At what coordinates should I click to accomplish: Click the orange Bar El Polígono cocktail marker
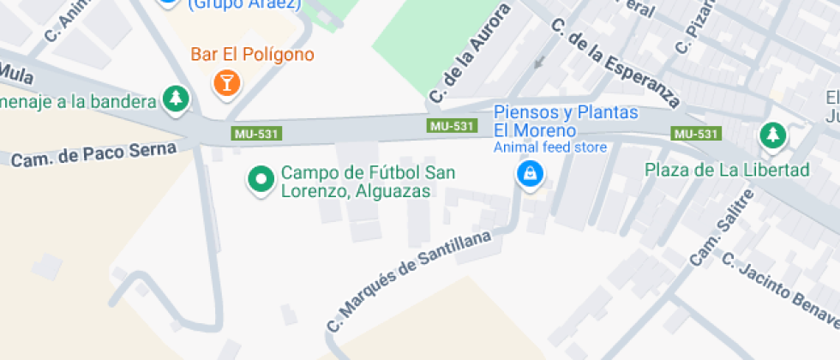pyautogui.click(x=227, y=83)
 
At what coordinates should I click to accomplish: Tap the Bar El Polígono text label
pyautogui.click(x=252, y=55)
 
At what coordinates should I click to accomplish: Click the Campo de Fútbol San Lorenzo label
pyautogui.click(x=368, y=182)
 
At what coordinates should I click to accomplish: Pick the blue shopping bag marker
pyautogui.click(x=530, y=175)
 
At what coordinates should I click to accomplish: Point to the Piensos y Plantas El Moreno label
pyautogui.click(x=565, y=122)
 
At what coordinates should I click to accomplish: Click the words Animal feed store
pyautogui.click(x=549, y=147)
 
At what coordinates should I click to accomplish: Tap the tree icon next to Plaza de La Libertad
pyautogui.click(x=773, y=135)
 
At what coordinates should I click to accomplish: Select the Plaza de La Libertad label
pyautogui.click(x=727, y=170)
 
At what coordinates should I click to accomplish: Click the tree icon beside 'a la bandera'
pyautogui.click(x=177, y=99)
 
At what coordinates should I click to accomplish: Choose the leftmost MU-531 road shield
pyautogui.click(x=257, y=135)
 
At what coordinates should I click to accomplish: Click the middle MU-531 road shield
pyautogui.click(x=452, y=126)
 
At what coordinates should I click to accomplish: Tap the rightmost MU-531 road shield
pyautogui.click(x=695, y=134)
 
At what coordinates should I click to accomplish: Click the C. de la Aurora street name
pyautogui.click(x=470, y=52)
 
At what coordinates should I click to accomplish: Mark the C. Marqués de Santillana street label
pyautogui.click(x=412, y=280)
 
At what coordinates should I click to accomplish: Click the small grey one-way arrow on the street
pyautogui.click(x=538, y=62)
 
